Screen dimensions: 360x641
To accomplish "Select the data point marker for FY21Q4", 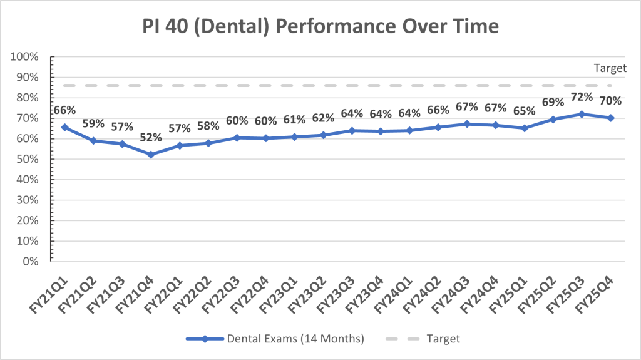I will [x=150, y=155].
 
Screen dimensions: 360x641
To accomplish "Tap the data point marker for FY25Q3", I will [x=582, y=114].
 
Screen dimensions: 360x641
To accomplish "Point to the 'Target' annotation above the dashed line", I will [x=610, y=69].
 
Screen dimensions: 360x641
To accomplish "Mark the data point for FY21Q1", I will [x=64, y=127].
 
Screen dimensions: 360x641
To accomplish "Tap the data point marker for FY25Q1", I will [x=525, y=128].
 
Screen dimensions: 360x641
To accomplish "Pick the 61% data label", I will [x=294, y=120].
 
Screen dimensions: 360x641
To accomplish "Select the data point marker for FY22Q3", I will [x=237, y=138].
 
